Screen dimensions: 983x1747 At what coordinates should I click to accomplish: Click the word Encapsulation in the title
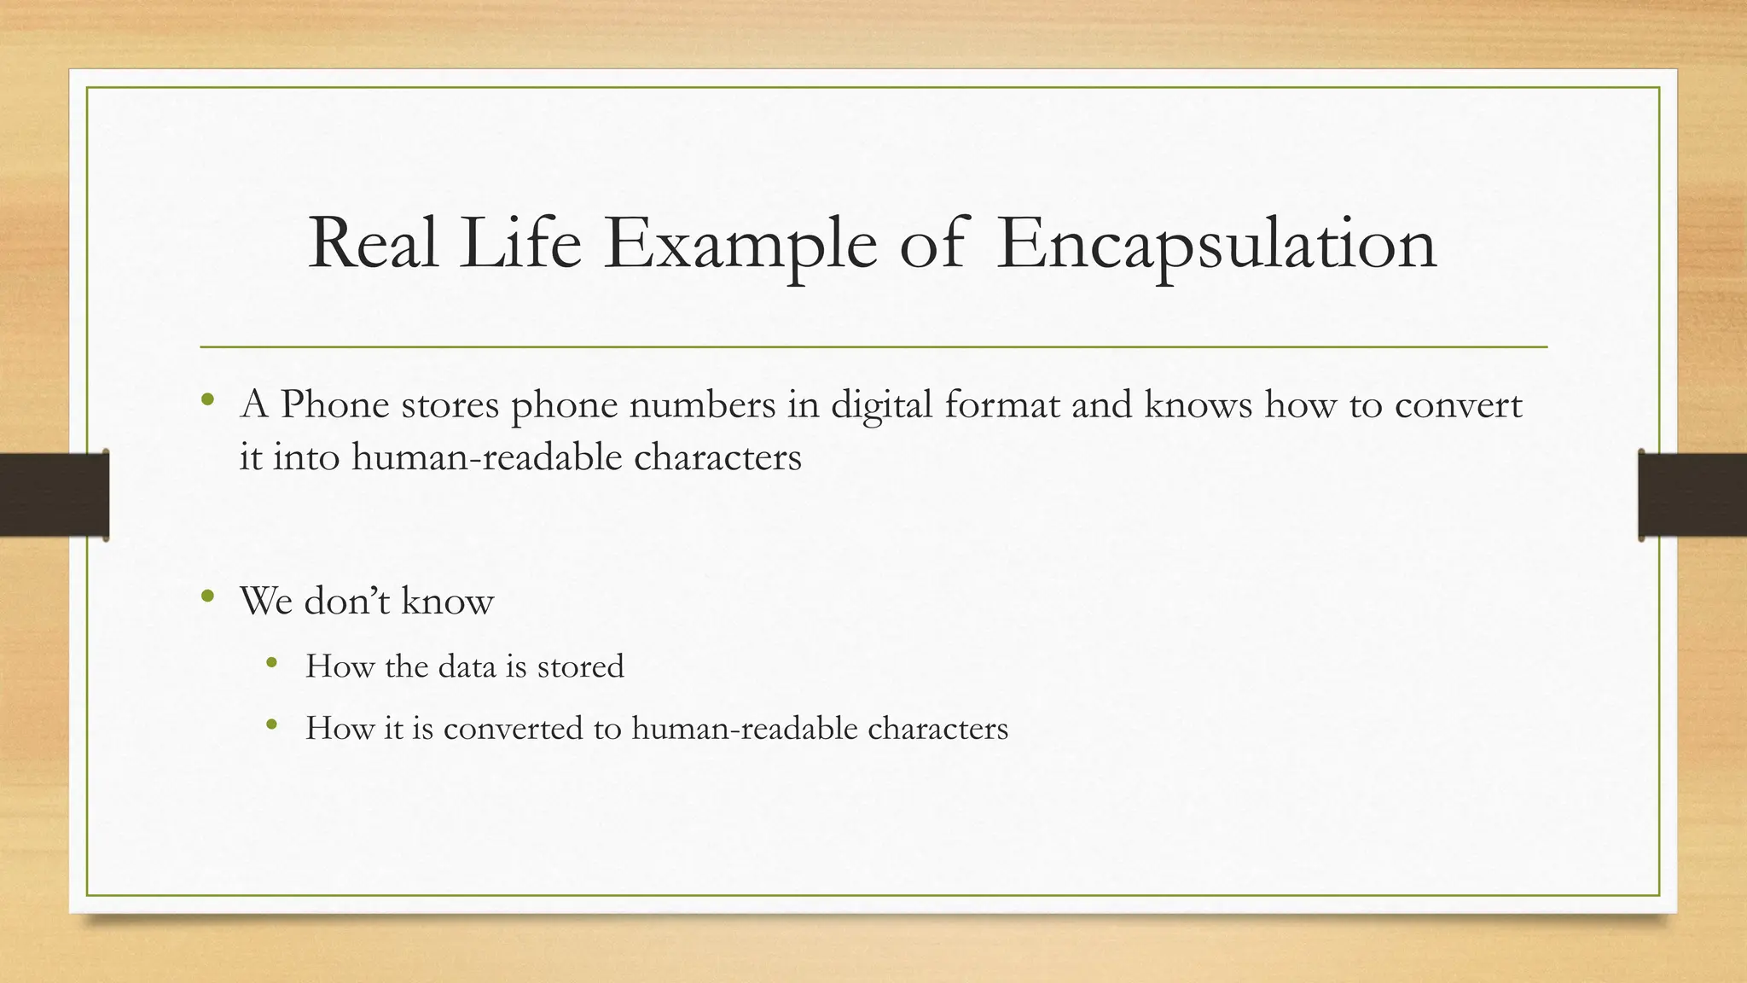point(1216,245)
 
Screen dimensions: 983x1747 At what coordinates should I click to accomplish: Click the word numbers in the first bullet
point(702,404)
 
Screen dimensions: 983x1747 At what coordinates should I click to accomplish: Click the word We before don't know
point(266,601)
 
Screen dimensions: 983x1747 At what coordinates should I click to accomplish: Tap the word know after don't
point(447,601)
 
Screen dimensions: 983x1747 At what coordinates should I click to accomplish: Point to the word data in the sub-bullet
point(467,666)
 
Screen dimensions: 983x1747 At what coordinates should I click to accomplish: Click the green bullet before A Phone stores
point(207,399)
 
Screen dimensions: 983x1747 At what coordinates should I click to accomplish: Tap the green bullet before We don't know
point(207,596)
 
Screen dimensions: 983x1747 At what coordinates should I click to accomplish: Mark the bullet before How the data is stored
point(271,661)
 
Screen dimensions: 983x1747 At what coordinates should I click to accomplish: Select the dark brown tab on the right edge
point(1692,495)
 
